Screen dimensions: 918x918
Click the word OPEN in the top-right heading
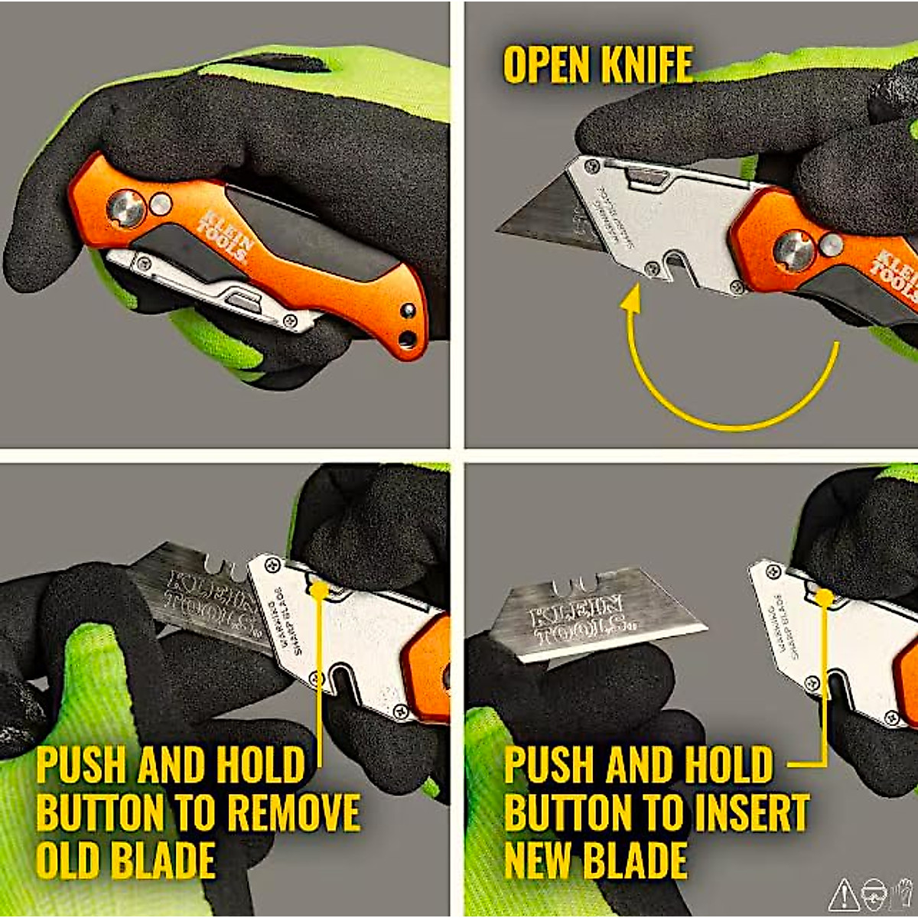(x=546, y=65)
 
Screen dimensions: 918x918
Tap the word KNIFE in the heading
(x=646, y=65)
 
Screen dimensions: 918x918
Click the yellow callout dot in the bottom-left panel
(x=319, y=589)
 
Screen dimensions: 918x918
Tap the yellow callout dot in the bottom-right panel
(x=823, y=597)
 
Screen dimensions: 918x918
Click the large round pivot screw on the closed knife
(x=125, y=209)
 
